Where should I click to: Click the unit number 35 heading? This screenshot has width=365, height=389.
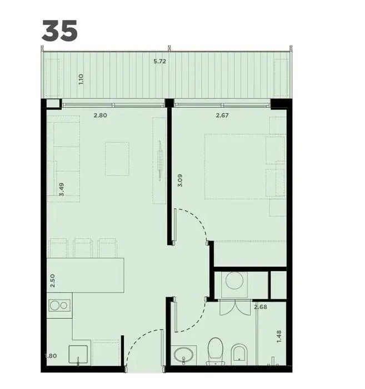59,31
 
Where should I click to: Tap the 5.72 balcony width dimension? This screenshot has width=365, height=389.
159,61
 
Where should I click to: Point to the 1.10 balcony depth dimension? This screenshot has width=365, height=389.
81,79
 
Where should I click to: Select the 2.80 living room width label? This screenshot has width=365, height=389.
100,115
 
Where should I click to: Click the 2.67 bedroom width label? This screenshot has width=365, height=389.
222,115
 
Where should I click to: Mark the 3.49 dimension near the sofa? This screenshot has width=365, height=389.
62,189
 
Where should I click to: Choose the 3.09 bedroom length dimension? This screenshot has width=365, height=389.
180,181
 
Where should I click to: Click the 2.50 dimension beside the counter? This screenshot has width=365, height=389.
52,281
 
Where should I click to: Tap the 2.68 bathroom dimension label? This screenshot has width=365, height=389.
261,307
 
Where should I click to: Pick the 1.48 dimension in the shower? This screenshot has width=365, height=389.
279,336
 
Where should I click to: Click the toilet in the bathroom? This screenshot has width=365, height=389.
216,351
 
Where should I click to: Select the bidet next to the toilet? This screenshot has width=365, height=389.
239,354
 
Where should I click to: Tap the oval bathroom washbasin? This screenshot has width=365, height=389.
183,355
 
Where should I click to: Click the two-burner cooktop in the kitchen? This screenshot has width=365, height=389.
59,306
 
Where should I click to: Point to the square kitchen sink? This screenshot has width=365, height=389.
78,355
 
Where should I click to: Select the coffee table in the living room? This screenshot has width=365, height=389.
117,159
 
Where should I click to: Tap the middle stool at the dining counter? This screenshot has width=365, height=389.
83,248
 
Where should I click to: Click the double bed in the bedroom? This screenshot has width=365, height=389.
245,167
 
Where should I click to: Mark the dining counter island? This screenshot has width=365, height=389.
86,276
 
